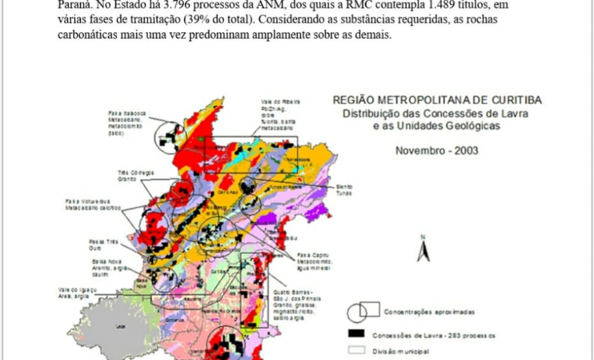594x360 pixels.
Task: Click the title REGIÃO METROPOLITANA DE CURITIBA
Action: (x=437, y=100)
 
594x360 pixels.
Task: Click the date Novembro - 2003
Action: (x=437, y=150)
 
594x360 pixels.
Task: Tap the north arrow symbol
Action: (x=423, y=249)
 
